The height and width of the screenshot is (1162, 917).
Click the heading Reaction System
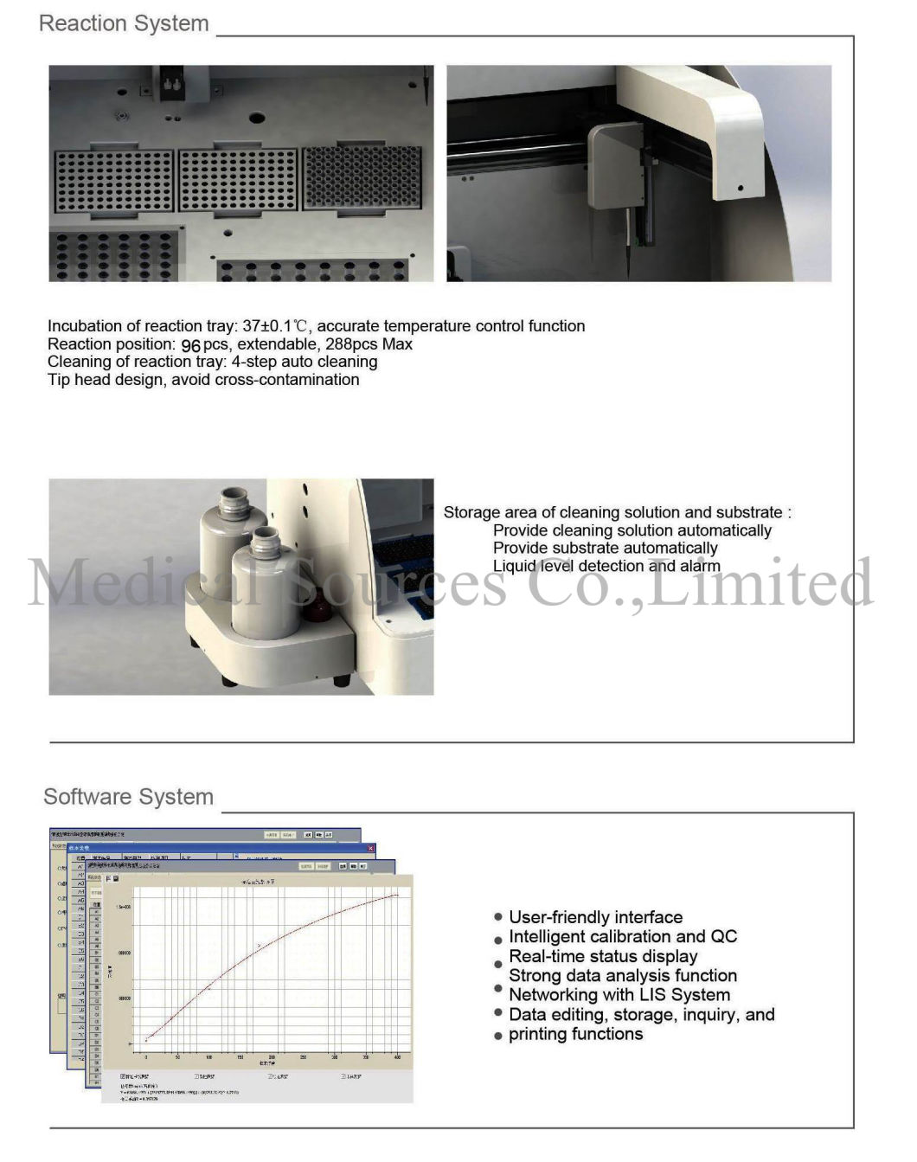click(124, 23)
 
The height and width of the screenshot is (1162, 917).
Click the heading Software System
click(128, 797)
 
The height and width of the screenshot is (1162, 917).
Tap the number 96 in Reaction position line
click(190, 345)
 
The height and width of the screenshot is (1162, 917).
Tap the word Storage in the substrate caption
click(471, 512)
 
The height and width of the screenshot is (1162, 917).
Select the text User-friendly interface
click(595, 917)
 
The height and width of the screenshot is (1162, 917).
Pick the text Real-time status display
click(603, 956)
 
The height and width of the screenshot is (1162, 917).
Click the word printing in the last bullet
click(538, 1034)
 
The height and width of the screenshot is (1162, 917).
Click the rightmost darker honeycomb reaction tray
click(362, 177)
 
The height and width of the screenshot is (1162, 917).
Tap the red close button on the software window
click(371, 849)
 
